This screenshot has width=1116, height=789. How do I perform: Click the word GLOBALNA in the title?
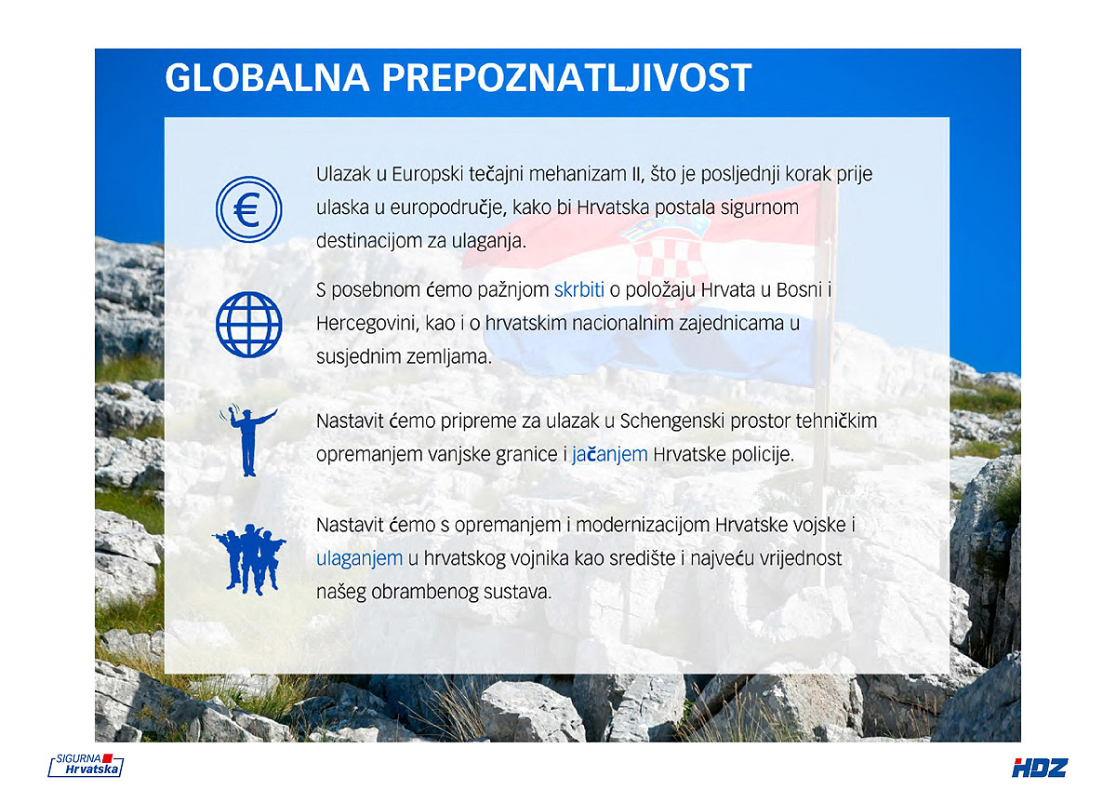(x=267, y=78)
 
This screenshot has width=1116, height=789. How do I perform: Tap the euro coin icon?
(x=248, y=209)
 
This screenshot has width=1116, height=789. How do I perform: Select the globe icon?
(x=248, y=325)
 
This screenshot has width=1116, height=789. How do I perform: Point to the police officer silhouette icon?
(x=247, y=442)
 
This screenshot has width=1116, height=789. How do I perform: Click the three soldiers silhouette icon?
(x=249, y=559)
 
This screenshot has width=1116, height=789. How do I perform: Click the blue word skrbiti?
(x=578, y=289)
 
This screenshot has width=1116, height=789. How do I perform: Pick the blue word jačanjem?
(x=610, y=455)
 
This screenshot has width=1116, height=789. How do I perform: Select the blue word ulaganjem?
(x=359, y=559)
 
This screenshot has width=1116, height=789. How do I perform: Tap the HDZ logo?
(x=1040, y=767)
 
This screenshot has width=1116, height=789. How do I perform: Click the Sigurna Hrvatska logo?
(x=86, y=765)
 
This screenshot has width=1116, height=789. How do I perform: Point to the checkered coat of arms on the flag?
(x=669, y=260)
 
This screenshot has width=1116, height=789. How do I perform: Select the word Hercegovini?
(x=367, y=324)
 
